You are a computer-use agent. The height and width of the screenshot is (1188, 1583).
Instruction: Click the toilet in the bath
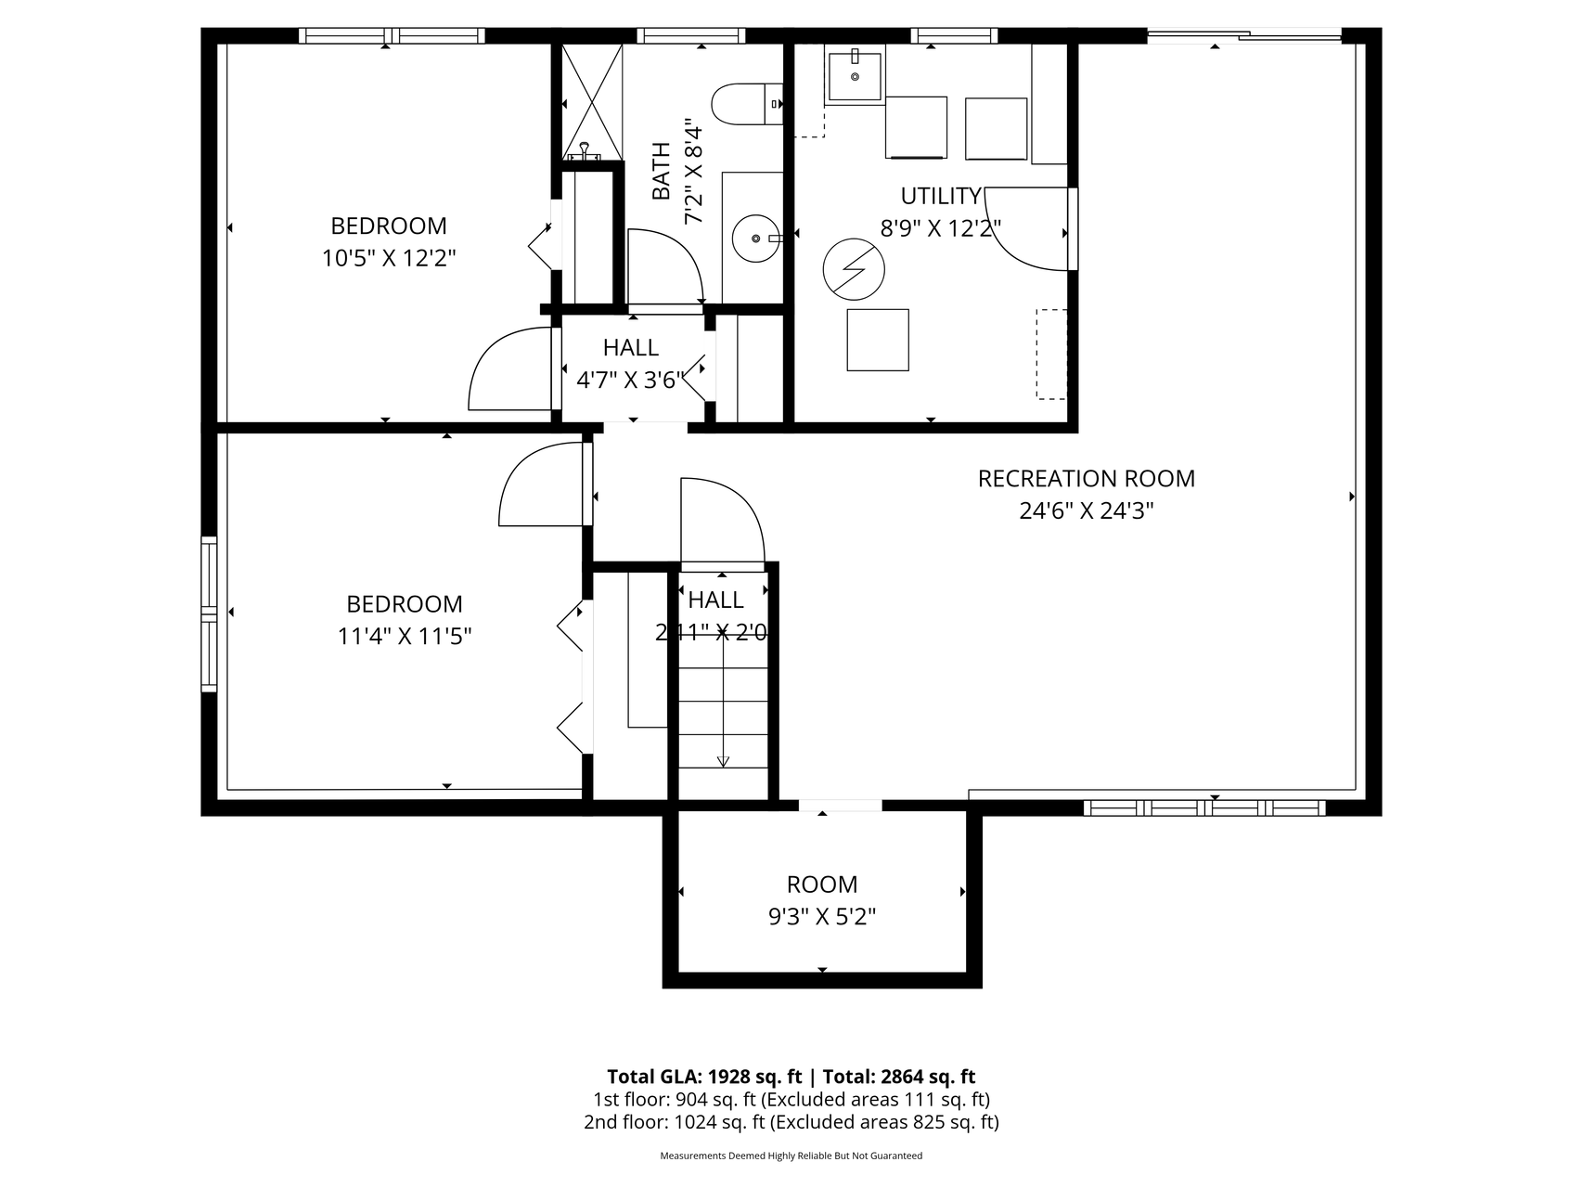pos(748,104)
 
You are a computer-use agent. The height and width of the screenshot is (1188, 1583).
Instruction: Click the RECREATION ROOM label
pos(1087,479)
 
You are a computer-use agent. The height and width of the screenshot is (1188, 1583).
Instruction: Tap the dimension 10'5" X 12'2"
pos(389,258)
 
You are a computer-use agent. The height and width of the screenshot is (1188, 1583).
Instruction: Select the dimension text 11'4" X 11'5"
pos(405,637)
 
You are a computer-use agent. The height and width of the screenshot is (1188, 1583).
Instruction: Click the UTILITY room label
pos(941,196)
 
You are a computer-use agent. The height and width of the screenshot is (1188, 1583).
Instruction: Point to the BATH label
pos(661,171)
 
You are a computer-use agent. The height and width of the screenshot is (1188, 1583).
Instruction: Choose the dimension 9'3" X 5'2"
pos(822,917)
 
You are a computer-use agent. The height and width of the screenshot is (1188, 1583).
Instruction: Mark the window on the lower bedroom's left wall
pos(210,614)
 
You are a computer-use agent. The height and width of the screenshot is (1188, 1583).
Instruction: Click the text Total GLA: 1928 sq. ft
pos(704,1077)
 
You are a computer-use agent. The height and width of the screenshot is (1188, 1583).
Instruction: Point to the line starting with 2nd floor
pos(791,1121)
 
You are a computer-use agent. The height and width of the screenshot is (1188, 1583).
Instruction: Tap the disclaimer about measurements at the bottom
pos(791,1156)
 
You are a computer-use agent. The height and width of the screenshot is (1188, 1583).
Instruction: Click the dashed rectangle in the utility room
pos(1051,354)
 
